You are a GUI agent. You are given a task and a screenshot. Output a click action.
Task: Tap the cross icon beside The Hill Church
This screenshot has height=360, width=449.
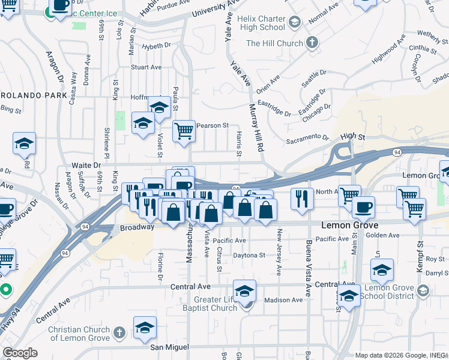pos(312,43)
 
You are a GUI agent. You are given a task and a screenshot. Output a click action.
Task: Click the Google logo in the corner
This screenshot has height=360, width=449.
pos(20,353)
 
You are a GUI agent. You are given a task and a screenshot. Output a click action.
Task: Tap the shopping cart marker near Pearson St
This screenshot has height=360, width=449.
pos(184,130)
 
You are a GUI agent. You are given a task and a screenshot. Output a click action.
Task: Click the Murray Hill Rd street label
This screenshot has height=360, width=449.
pos(256,127)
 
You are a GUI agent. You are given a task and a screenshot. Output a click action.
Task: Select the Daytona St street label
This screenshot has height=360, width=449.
pos(249,255)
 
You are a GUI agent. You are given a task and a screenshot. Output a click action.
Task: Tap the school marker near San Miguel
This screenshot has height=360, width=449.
pos(145,328)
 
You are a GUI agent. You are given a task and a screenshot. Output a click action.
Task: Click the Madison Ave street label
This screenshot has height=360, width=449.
pos(283,300)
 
